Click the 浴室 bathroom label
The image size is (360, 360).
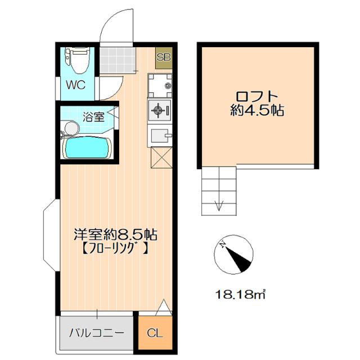93,117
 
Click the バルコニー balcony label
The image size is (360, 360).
96,332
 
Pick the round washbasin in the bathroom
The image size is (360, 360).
70,129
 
